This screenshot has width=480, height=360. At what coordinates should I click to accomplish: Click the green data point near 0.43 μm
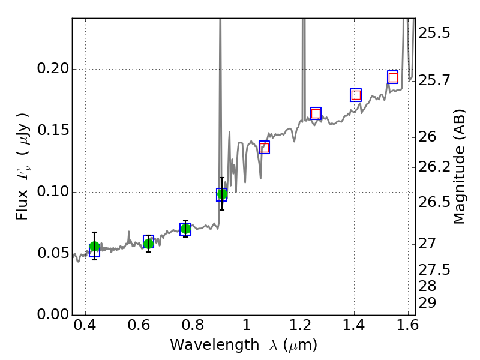(94, 247)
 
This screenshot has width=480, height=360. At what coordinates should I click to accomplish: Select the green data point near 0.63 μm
(148, 243)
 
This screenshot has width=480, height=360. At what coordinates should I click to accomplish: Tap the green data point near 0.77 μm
(185, 229)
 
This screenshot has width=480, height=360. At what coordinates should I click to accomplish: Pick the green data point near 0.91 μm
(222, 194)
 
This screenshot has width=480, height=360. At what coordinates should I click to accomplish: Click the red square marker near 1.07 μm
(264, 148)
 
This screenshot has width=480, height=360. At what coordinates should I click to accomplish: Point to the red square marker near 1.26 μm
(316, 113)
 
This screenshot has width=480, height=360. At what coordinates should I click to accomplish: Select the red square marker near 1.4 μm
(356, 95)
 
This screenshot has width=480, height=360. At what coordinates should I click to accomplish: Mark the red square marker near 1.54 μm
(393, 77)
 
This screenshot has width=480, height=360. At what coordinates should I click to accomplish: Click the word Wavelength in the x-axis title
(205, 345)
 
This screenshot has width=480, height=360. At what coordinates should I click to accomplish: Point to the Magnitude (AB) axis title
(460, 166)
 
